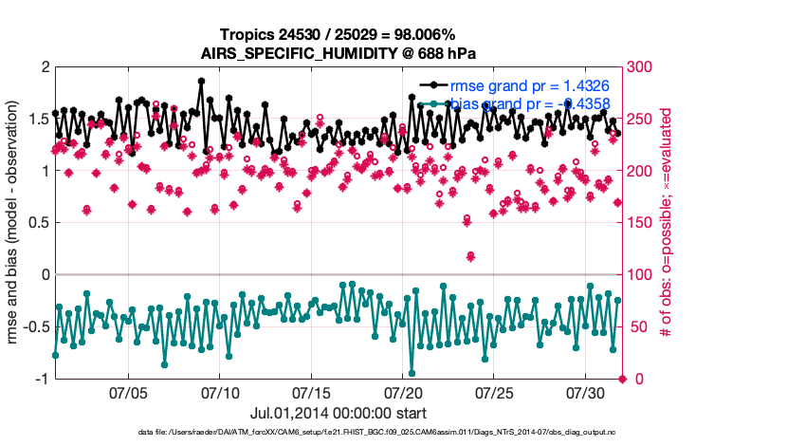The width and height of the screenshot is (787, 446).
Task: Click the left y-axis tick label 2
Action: click(43, 67)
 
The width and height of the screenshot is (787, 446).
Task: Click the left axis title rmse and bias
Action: click(16, 223)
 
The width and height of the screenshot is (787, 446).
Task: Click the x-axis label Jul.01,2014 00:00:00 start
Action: click(338, 413)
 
